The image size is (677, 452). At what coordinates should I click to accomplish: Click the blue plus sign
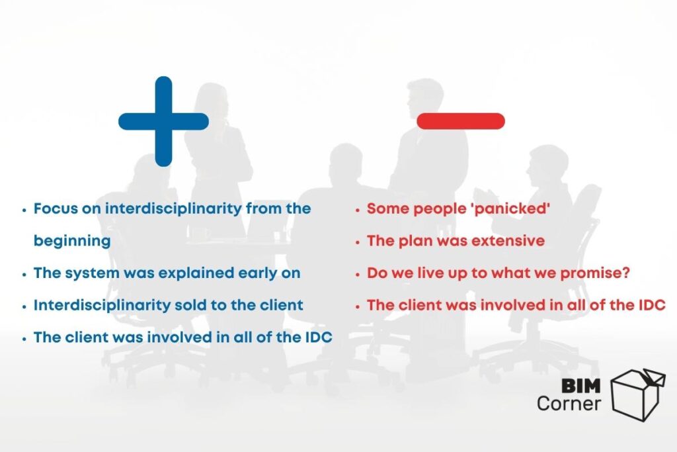pyautogui.click(x=163, y=121)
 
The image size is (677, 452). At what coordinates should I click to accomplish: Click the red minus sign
pyautogui.click(x=461, y=121)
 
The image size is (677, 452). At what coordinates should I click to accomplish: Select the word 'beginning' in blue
pyautogui.click(x=72, y=242)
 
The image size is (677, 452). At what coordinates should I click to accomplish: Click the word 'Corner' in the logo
pyautogui.click(x=569, y=402)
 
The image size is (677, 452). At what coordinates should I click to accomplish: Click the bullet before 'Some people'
pyautogui.click(x=358, y=210)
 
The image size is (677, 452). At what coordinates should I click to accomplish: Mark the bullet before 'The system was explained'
pyautogui.click(x=24, y=274)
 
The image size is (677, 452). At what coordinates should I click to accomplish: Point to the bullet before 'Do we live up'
pyautogui.click(x=358, y=274)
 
